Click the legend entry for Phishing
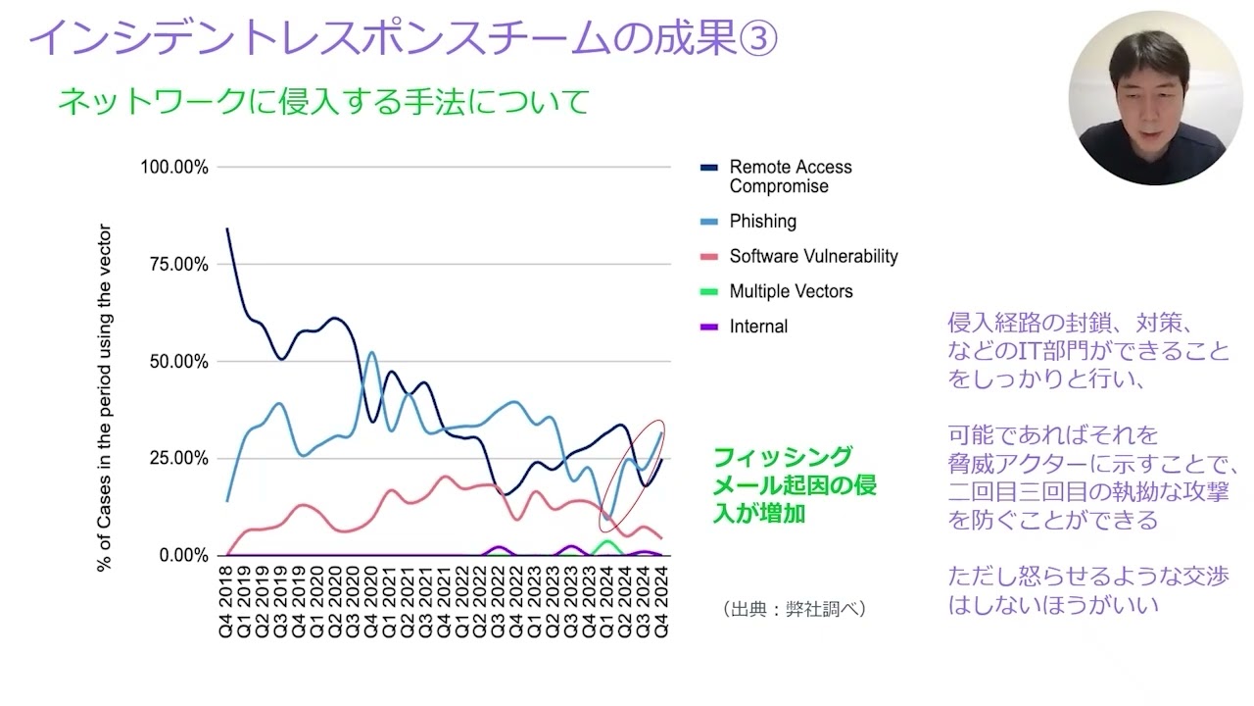pyautogui.click(x=762, y=222)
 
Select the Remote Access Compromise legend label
pyautogui.click(x=790, y=176)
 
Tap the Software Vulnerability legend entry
pyautogui.click(x=812, y=257)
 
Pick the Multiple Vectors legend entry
pyautogui.click(x=790, y=291)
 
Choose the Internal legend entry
pyautogui.click(x=757, y=327)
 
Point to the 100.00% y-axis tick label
pyautogui.click(x=174, y=167)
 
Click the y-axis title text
pyautogui.click(x=105, y=398)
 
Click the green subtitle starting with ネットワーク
pyautogui.click(x=323, y=101)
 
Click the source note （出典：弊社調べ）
pyautogui.click(x=794, y=609)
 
